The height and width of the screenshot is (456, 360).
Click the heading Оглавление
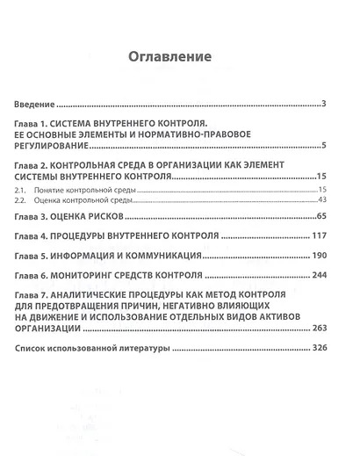170,59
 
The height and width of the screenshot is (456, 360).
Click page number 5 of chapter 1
324,146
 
